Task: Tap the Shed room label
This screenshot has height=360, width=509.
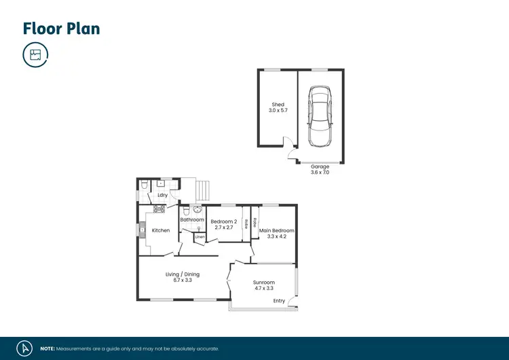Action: pos(278,105)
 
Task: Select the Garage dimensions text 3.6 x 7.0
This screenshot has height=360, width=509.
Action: pos(320,173)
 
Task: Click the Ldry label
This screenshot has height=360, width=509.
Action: pos(162,196)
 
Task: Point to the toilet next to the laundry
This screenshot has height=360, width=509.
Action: pos(145,185)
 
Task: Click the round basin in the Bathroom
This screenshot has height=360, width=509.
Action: pos(197,209)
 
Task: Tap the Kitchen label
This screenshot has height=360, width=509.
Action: pos(161,230)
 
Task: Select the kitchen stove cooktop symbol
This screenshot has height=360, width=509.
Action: pos(159,209)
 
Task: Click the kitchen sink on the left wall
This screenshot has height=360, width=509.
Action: pos(143,230)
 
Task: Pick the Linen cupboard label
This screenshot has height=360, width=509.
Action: pos(200,237)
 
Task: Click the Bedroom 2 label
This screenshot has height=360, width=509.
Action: pos(223,221)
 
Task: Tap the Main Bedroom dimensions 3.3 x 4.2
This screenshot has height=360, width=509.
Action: pos(276,236)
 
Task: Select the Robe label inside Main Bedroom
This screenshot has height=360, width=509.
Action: pos(255,221)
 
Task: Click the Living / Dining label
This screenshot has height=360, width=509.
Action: pos(183,274)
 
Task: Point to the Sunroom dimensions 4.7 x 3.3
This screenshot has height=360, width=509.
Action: pos(263,289)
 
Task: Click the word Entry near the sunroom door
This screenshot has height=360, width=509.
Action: pos(279,300)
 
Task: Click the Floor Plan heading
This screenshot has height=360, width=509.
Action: pos(61,28)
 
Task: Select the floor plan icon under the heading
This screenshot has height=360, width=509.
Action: pos(35,54)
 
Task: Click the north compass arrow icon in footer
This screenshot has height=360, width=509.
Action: pos(25,348)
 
